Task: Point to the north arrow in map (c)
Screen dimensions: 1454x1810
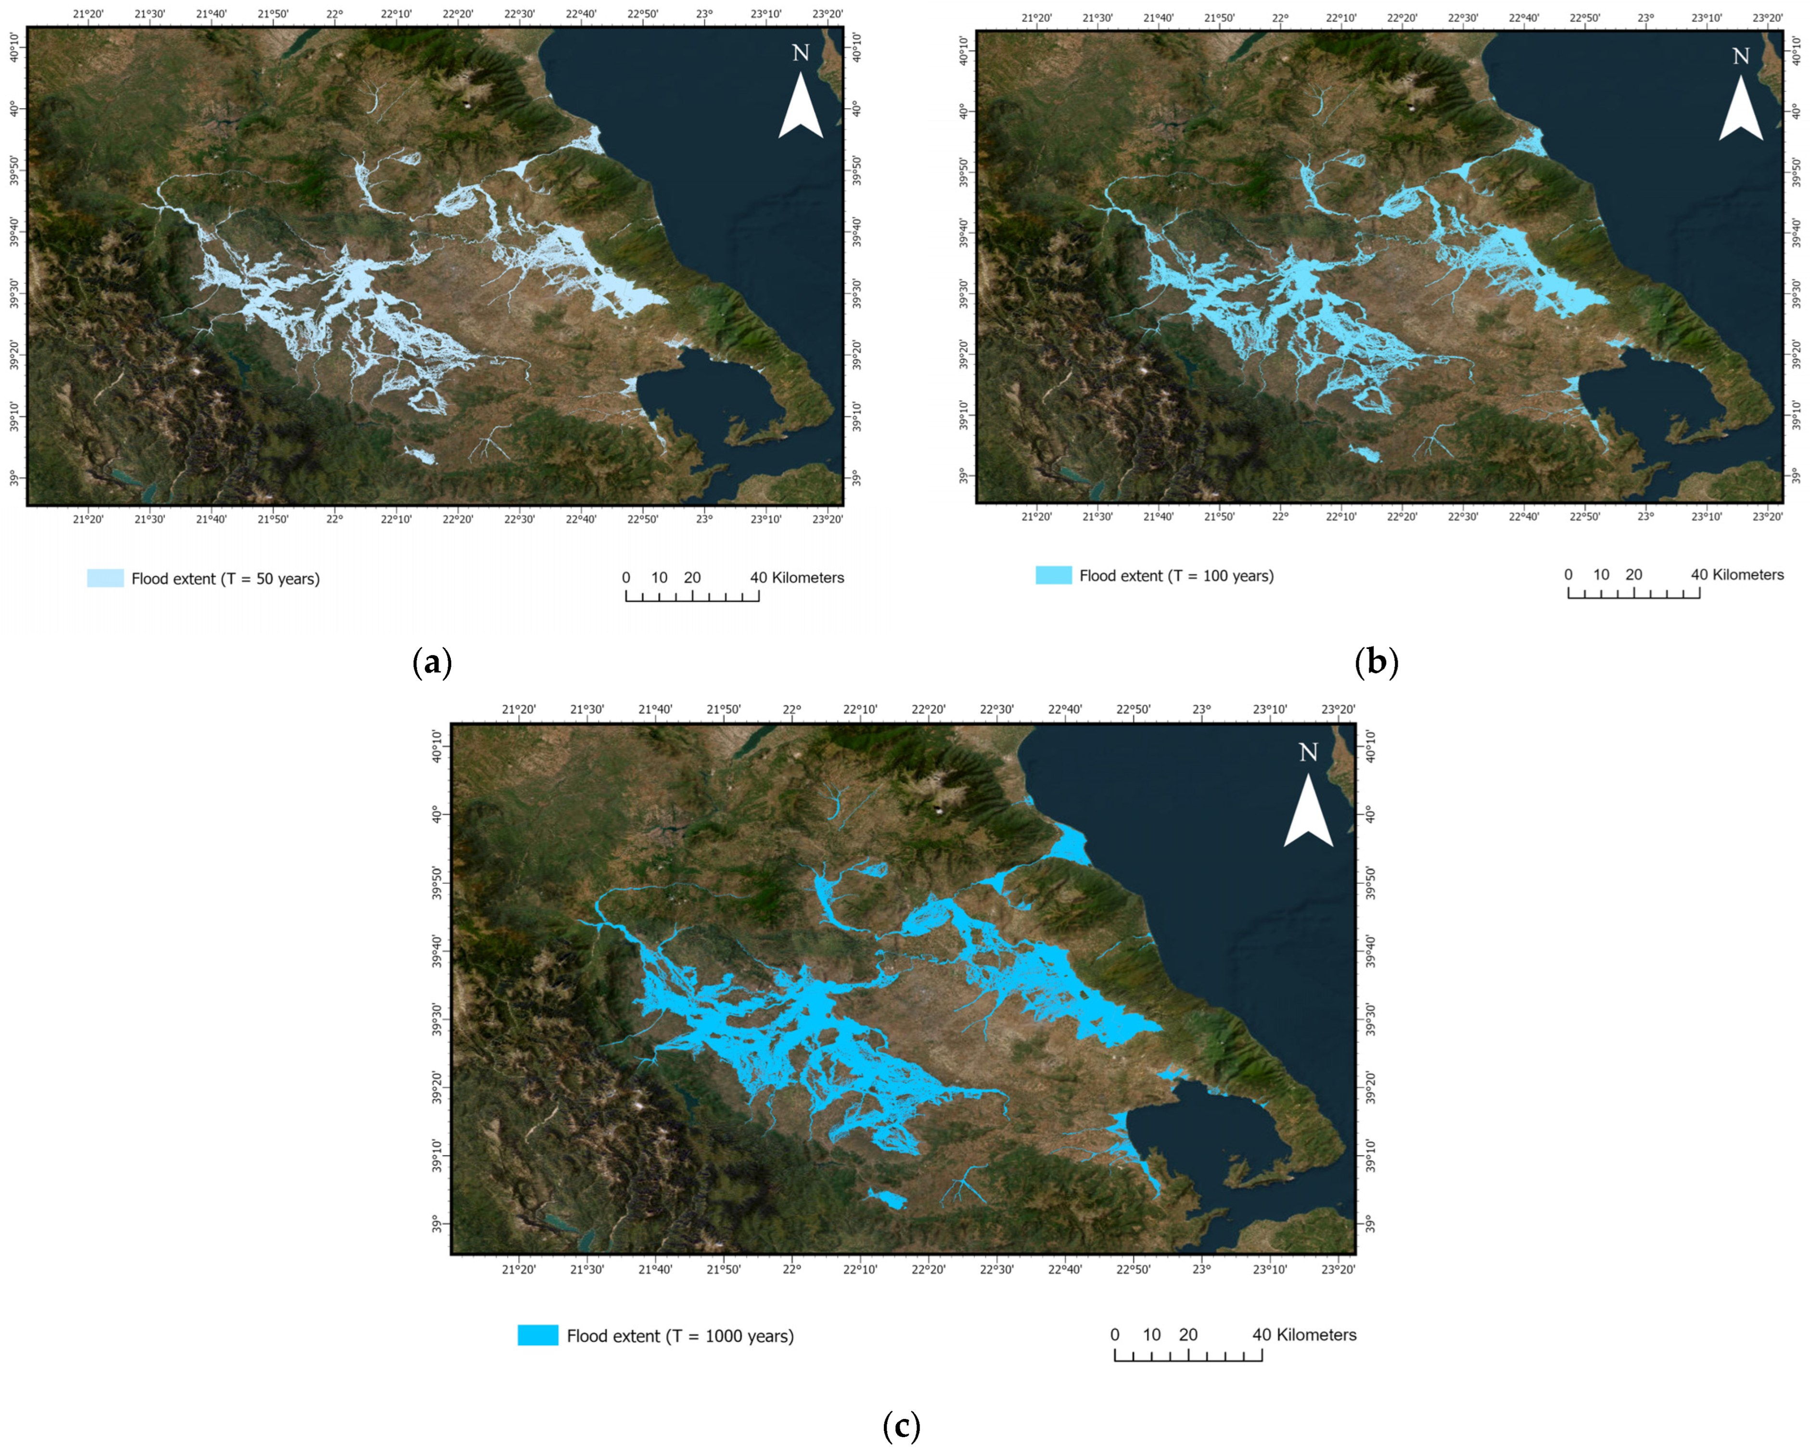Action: [x=1308, y=810]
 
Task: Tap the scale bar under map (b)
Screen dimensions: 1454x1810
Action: [x=1634, y=593]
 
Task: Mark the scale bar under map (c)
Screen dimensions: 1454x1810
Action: [x=1188, y=1354]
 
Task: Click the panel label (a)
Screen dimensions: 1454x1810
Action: [x=433, y=663]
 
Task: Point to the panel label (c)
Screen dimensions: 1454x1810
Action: [x=902, y=1426]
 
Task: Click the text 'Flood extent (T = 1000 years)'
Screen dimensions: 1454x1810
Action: [x=680, y=1336]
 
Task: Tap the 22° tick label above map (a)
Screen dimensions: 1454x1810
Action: [x=335, y=14]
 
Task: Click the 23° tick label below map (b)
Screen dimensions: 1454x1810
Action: [x=1645, y=516]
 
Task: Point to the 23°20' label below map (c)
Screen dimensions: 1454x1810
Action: [x=1338, y=1269]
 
